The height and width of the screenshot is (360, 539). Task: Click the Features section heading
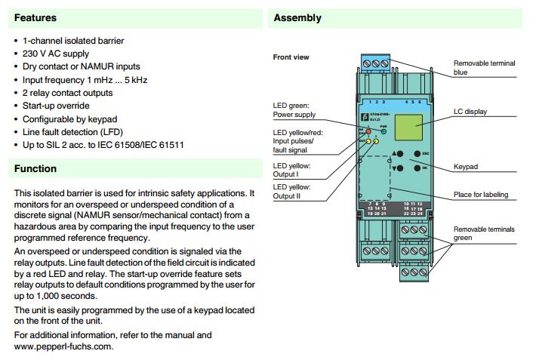point(35,17)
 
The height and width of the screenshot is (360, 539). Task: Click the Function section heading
point(35,168)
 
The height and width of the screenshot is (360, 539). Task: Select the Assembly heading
point(297,17)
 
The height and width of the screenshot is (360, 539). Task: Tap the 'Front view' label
point(291,57)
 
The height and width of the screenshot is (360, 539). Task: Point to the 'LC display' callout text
point(470,112)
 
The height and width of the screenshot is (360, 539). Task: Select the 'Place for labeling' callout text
point(480,195)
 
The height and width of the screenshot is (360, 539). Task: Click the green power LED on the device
point(384,131)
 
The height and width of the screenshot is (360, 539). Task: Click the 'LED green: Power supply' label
point(294,110)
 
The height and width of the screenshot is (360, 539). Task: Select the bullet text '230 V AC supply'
point(55,54)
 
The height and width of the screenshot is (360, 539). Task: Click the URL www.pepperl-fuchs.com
point(63,346)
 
